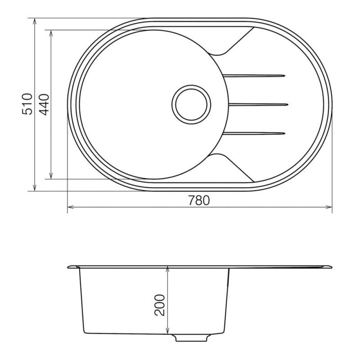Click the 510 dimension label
(27, 104)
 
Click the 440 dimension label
(44, 105)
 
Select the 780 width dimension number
(199, 200)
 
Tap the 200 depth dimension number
(160, 305)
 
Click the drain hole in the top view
(191, 105)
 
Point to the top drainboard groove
(254, 75)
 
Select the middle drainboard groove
(258, 105)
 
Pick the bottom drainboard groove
(254, 133)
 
